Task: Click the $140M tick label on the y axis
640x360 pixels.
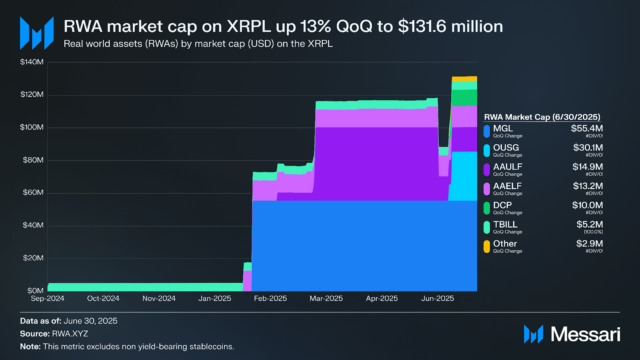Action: point(32,62)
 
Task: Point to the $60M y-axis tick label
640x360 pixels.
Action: point(33,192)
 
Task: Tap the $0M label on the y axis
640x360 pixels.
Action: point(35,290)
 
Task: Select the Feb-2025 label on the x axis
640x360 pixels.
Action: point(270,298)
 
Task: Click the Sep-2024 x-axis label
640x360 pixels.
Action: point(48,298)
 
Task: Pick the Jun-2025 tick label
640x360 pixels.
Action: point(438,298)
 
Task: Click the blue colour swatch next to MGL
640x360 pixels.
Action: point(487,131)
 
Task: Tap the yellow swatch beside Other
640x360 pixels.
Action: point(487,246)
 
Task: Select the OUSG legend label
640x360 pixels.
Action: point(506,148)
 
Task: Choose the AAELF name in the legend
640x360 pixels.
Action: point(507,186)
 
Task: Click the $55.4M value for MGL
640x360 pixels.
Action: point(587,128)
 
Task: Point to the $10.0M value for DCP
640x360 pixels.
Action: point(587,205)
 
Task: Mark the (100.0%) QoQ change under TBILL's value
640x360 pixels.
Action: point(593,232)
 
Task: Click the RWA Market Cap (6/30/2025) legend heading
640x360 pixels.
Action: point(542,117)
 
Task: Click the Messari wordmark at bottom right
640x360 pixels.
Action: point(585,334)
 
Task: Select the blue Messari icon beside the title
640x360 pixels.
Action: point(37,33)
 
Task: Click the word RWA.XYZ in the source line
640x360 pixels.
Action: point(70,334)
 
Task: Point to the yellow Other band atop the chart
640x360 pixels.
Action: point(464,79)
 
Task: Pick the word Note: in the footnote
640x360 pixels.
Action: point(30,346)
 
